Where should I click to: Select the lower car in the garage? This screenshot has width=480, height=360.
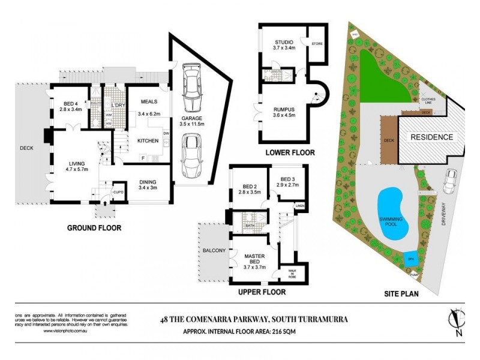193,155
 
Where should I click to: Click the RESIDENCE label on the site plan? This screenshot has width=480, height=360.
431,137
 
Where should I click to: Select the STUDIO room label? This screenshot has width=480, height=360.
284,43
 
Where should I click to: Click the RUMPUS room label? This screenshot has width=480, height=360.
284,109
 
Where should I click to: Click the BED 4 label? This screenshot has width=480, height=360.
70,104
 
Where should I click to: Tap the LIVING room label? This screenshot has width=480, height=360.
76,164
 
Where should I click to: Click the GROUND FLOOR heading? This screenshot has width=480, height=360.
94,228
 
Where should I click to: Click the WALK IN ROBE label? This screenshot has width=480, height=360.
292,274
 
